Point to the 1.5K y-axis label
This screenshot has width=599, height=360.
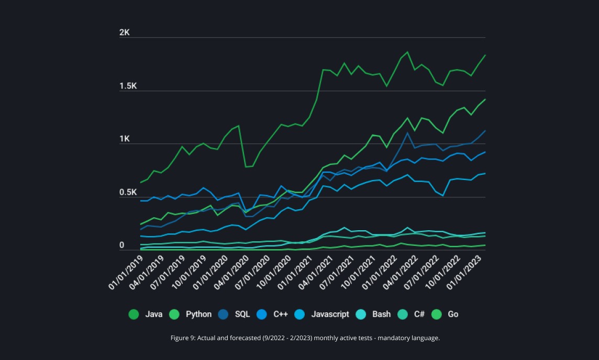coord(128,86)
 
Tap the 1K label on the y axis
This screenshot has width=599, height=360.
coord(125,139)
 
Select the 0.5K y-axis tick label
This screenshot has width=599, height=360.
coord(128,193)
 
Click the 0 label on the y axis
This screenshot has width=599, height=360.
coord(121,245)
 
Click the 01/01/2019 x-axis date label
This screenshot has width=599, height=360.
coord(126,272)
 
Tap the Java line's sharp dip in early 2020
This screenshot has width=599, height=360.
coord(246,166)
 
